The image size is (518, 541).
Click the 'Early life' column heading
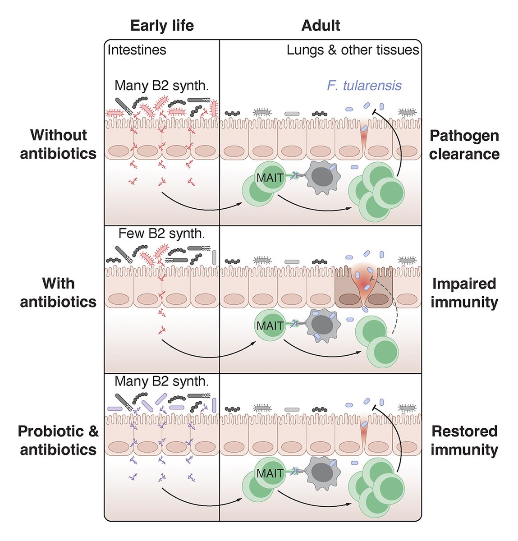click(x=162, y=26)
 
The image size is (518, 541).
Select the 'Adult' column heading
click(x=320, y=26)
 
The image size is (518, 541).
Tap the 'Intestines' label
click(x=137, y=50)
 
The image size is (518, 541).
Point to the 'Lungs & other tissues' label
click(x=353, y=50)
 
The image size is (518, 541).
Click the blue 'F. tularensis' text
click(x=364, y=85)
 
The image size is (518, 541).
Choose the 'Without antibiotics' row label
click(x=58, y=144)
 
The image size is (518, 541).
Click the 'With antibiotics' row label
click(x=58, y=293)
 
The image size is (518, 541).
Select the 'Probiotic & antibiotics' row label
click(x=58, y=440)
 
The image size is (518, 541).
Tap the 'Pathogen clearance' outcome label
click(x=464, y=145)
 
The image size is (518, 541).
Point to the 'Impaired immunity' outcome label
click(x=464, y=293)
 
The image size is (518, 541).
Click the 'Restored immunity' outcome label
click(x=464, y=440)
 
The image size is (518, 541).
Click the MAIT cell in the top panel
click(x=270, y=178)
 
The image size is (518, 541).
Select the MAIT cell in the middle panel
click(x=270, y=326)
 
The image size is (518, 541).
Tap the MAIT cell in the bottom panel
click(x=270, y=473)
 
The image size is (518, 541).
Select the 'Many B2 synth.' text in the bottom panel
click(x=161, y=381)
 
